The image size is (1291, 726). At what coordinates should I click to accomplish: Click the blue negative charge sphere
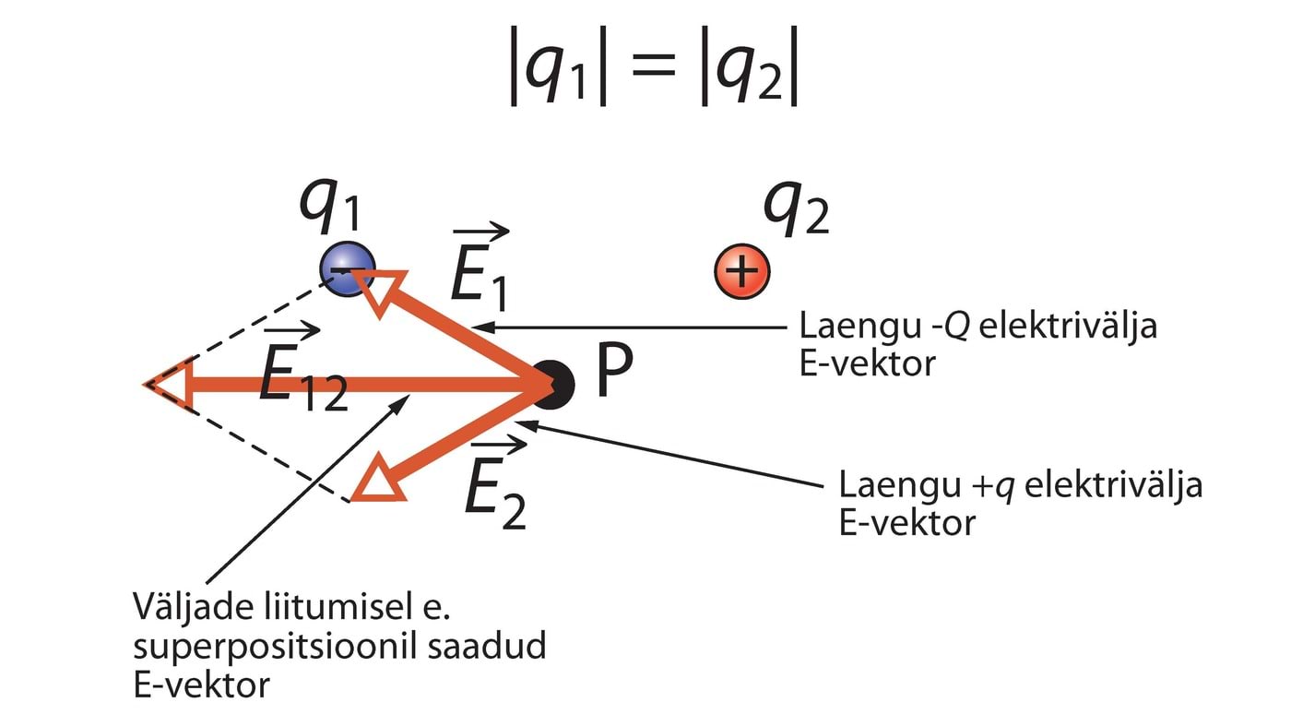pyautogui.click(x=347, y=268)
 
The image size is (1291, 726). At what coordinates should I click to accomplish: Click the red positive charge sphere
pyautogui.click(x=742, y=271)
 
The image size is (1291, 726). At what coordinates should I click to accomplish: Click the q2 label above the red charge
pyautogui.click(x=796, y=214)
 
